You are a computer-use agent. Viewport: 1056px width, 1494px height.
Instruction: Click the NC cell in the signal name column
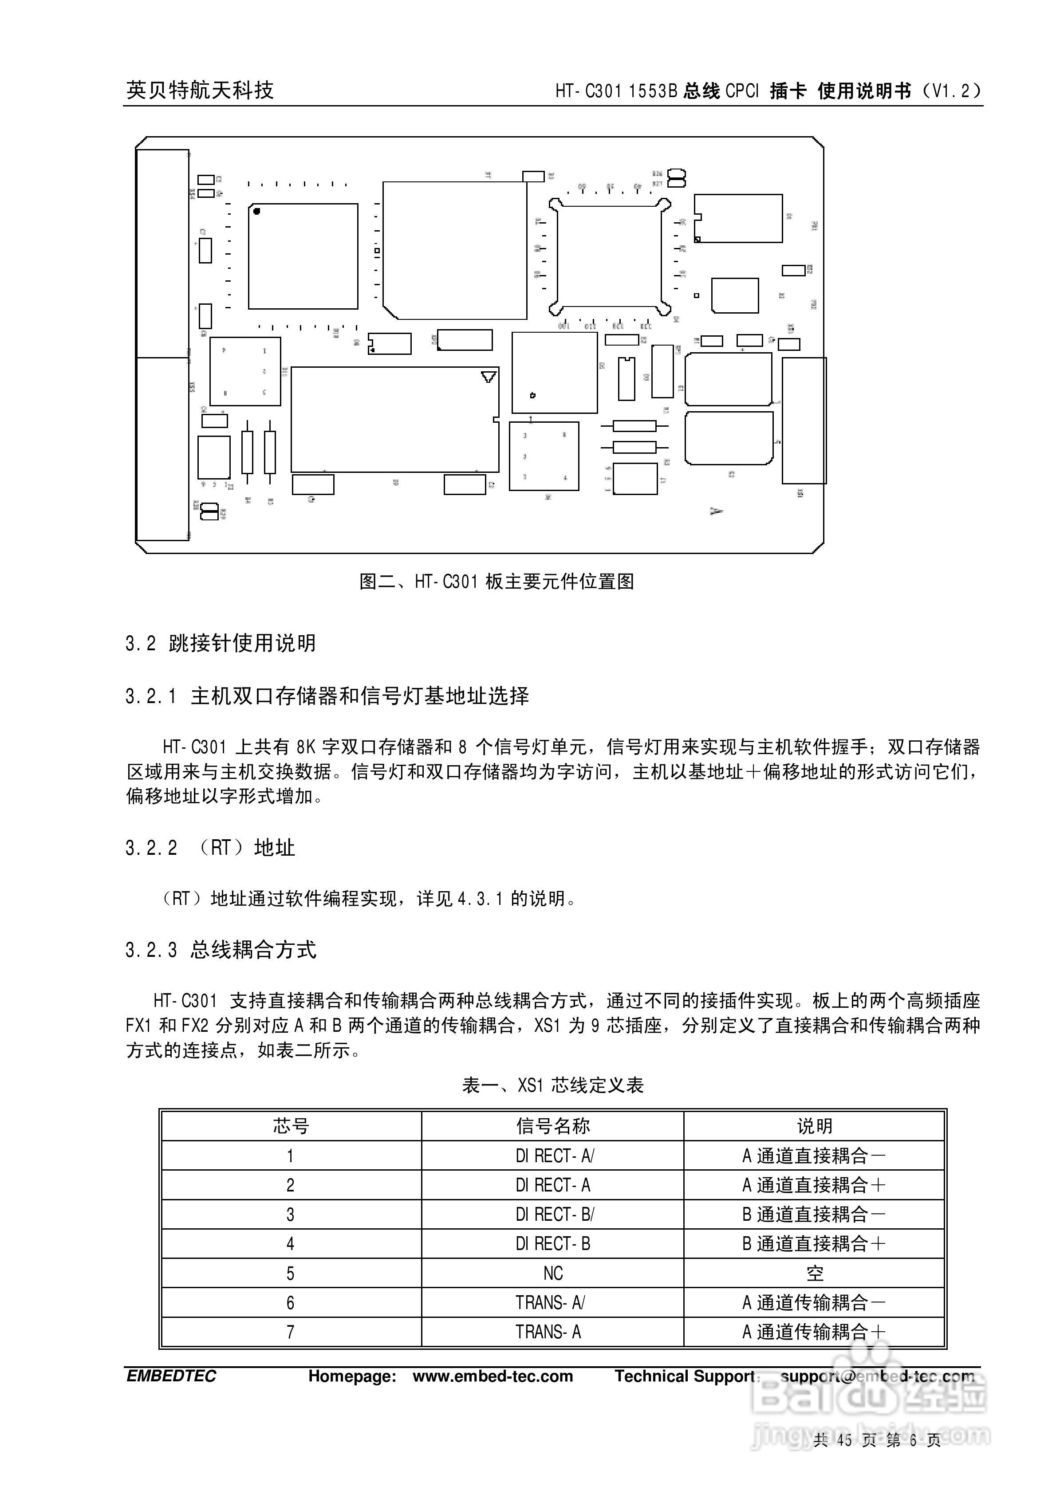coord(553,1274)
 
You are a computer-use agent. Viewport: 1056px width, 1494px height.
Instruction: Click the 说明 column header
coord(815,1126)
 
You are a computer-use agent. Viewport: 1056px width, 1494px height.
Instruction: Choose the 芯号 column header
coord(290,1126)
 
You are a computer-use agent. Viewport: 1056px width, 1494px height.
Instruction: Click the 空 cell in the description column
coord(815,1274)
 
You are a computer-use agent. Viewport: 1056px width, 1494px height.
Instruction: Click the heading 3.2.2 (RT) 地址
coord(209,848)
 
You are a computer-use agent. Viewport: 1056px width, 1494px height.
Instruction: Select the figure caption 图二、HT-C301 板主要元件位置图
coord(497,582)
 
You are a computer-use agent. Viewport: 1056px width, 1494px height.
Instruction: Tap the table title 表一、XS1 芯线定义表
coord(553,1085)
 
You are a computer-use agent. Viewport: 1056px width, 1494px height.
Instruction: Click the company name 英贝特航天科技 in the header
coord(200,90)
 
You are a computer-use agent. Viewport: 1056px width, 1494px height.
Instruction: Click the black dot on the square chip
coord(256,211)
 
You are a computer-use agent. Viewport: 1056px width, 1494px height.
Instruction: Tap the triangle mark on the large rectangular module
coord(488,377)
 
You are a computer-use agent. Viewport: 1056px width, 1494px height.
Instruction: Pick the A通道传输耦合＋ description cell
coord(815,1332)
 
